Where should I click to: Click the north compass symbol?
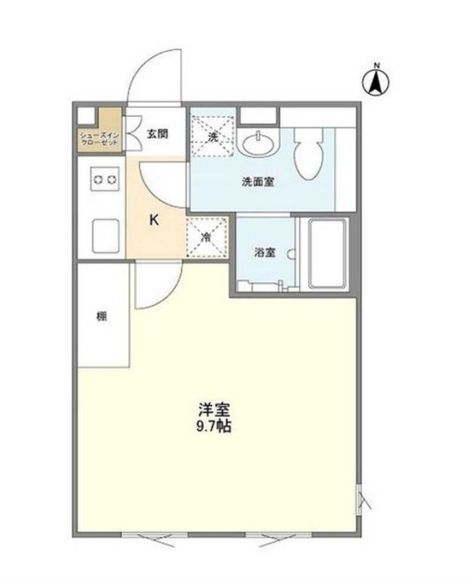(x=376, y=79)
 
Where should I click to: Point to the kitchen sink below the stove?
(x=105, y=235)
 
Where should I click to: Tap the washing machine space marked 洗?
(x=212, y=135)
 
